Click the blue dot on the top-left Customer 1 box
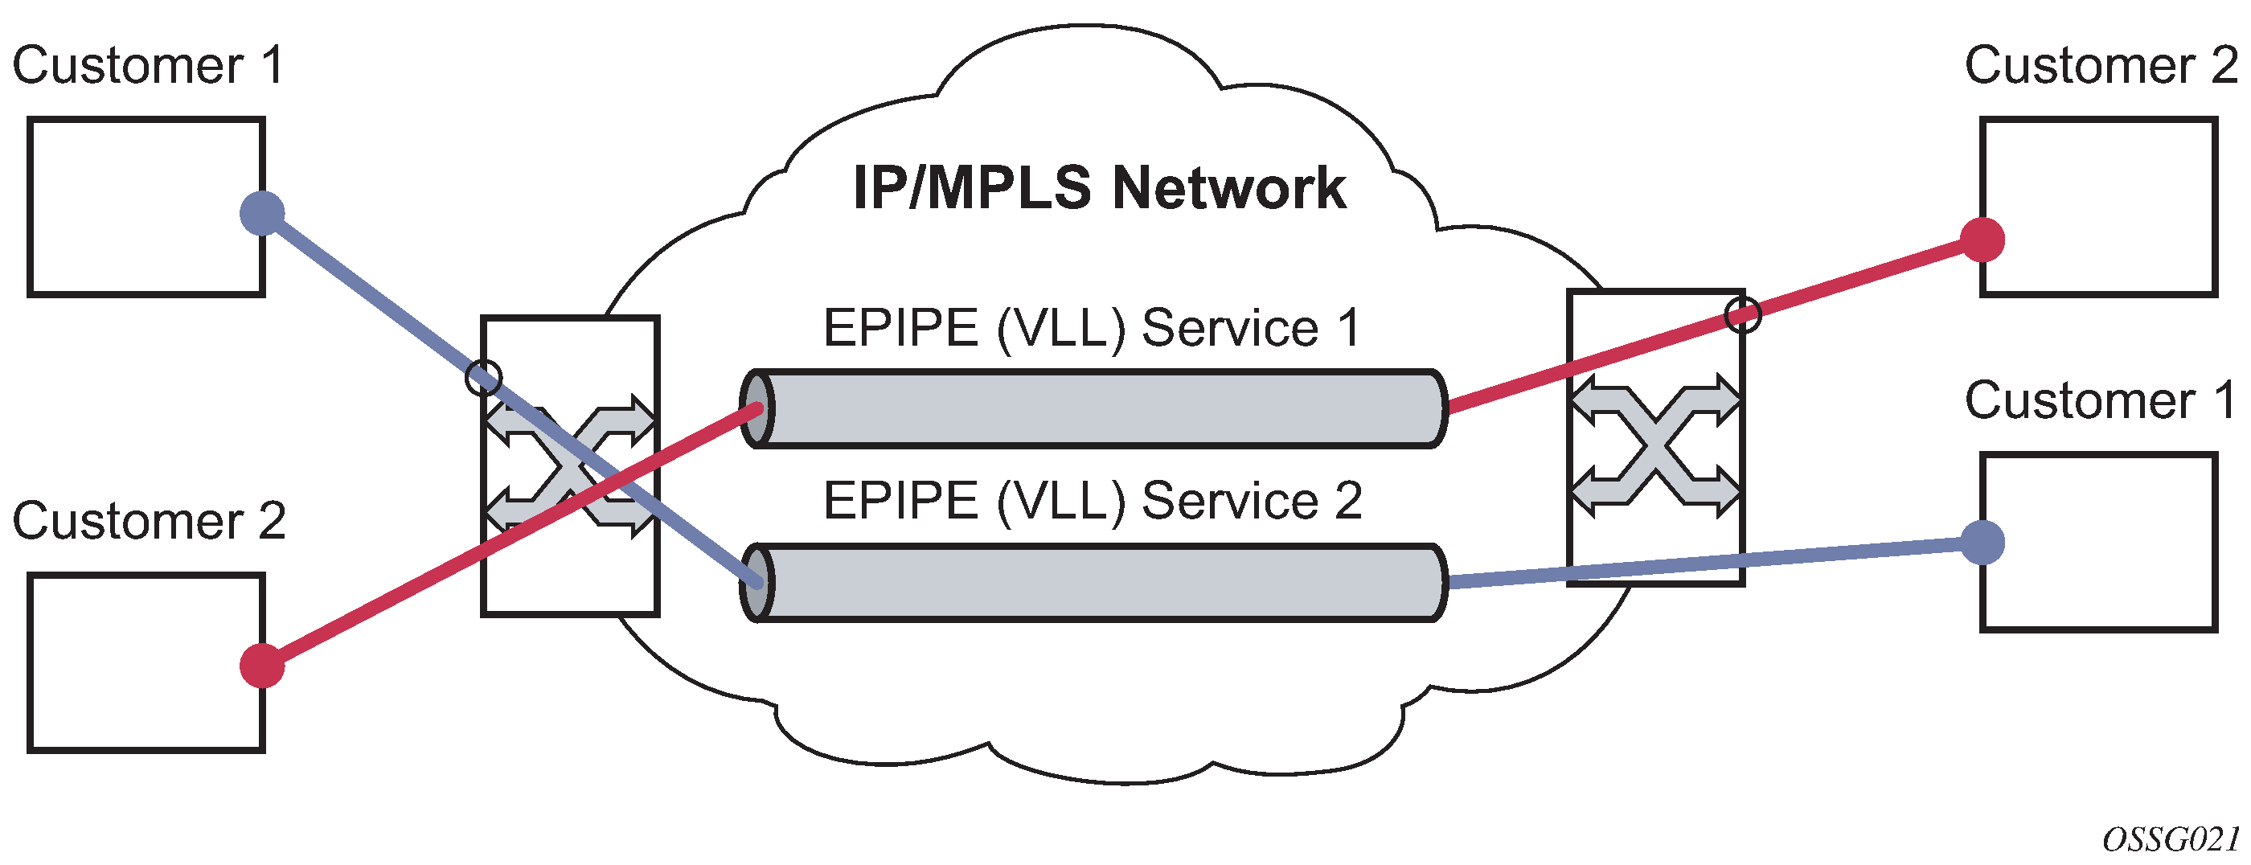(262, 213)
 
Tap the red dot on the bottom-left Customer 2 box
(262, 666)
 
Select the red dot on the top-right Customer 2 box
(1982, 240)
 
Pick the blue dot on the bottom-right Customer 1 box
(1982, 543)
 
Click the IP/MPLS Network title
(1099, 188)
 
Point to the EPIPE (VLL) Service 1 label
(1092, 329)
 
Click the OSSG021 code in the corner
(2171, 839)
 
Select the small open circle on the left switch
(483, 378)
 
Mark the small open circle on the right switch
(1742, 315)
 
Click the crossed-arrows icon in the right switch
(1655, 445)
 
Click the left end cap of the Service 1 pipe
(756, 409)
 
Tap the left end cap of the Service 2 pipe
(756, 582)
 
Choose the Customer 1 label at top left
(148, 66)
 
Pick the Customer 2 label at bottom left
(149, 521)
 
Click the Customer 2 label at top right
(2101, 66)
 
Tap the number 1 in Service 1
(1347, 329)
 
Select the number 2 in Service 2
(1347, 501)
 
